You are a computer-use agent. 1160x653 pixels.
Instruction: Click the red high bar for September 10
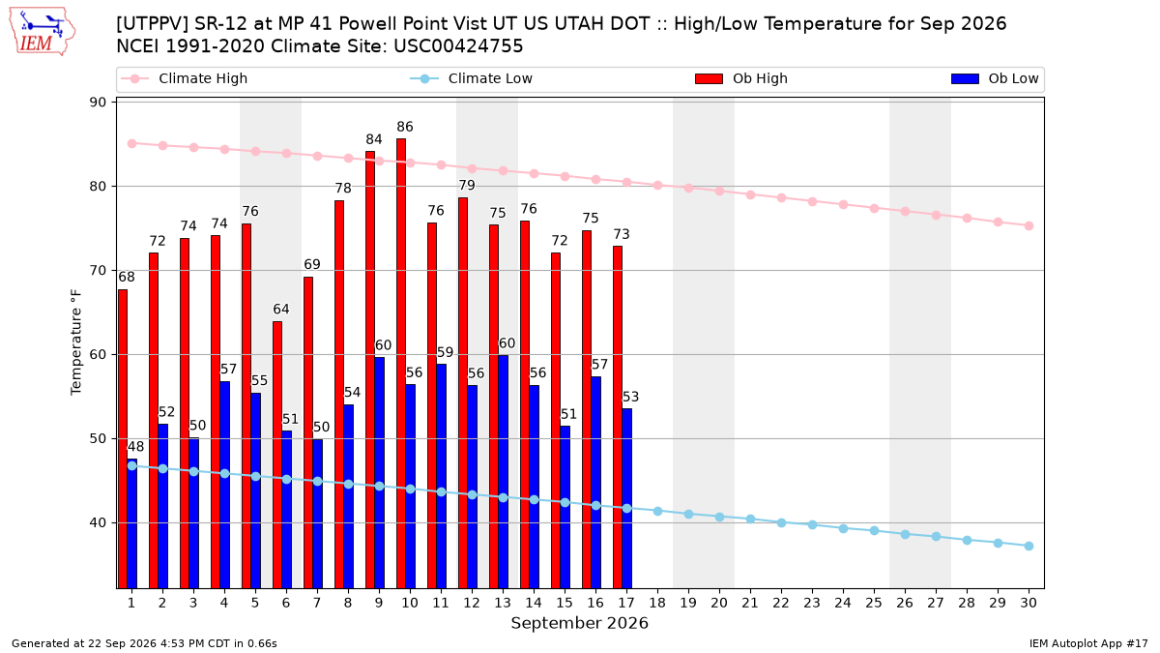(401, 364)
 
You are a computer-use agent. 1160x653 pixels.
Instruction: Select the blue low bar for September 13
(504, 472)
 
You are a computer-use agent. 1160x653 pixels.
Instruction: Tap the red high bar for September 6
(277, 455)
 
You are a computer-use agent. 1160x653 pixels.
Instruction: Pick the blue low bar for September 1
(132, 523)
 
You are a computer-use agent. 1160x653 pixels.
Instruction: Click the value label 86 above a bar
(405, 127)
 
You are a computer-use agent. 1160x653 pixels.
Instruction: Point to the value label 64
(281, 310)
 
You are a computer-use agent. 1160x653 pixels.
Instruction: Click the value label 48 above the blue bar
(135, 447)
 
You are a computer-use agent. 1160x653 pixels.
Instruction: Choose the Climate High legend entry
(185, 78)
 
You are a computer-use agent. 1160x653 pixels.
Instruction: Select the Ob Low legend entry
(995, 78)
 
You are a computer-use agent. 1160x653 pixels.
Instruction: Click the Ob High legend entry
(741, 78)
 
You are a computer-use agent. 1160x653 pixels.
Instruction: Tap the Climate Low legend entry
(472, 78)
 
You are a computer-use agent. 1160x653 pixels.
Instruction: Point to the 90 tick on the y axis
(98, 103)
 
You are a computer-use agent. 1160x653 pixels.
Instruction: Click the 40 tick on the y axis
(98, 523)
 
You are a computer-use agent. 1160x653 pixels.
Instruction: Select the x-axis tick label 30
(1029, 604)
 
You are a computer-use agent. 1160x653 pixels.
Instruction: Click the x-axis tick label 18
(657, 604)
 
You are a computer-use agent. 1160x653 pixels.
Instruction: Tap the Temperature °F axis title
(76, 342)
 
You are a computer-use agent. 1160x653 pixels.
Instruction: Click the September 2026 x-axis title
(579, 623)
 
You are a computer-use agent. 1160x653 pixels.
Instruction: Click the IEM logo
(42, 32)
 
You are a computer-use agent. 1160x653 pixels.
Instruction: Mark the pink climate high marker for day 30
(1029, 226)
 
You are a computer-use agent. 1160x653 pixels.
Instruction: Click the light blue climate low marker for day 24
(843, 528)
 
